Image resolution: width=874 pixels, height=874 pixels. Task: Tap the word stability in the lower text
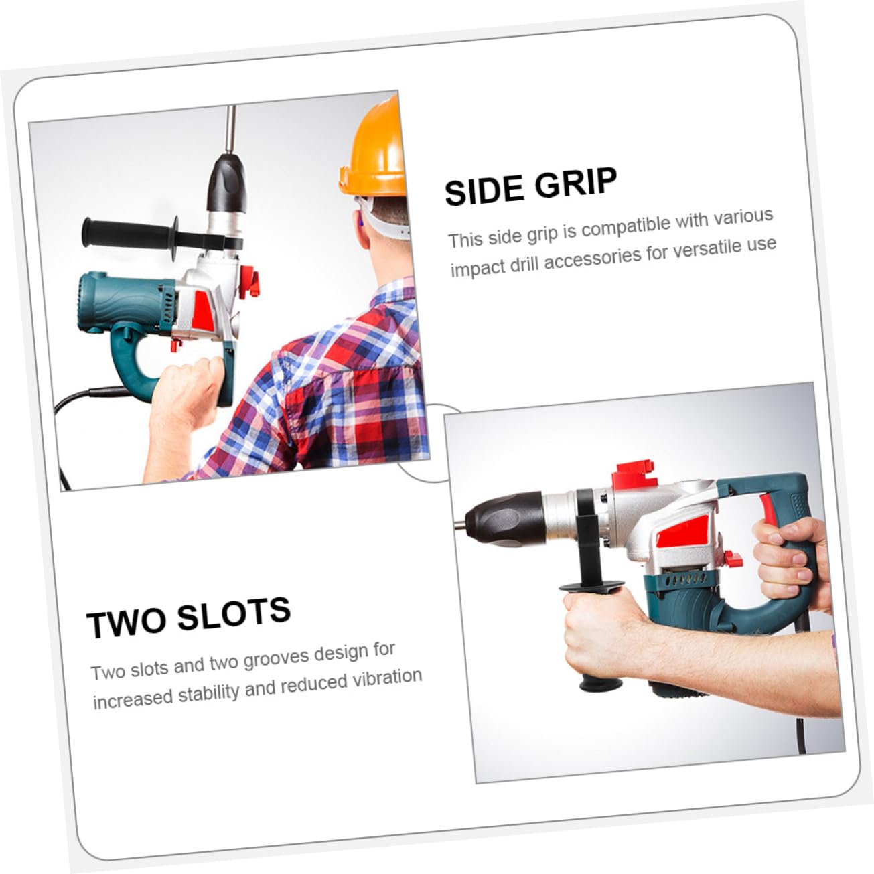pos(207,692)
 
